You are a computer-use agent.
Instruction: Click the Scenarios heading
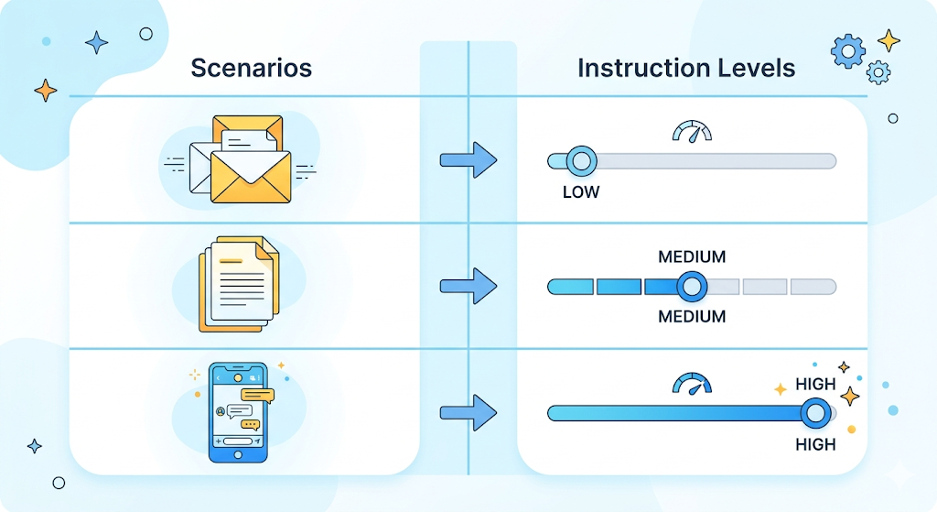pos(251,68)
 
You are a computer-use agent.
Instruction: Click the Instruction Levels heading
pos(686,68)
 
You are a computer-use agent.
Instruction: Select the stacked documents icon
pos(239,284)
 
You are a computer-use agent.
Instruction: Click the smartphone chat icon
pos(238,412)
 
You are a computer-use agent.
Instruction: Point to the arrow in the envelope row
pos(468,161)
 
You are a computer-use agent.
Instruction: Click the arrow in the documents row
pos(468,287)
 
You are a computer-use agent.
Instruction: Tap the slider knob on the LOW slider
pos(581,161)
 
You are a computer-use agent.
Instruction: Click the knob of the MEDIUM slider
pos(693,287)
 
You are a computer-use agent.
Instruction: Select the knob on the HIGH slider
pos(814,413)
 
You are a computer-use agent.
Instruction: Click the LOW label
pos(581,192)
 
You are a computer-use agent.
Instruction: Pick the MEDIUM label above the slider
pos(692,257)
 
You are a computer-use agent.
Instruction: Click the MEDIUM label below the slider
pos(692,317)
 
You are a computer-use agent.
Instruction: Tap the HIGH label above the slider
pos(816,385)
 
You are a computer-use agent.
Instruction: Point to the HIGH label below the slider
pos(816,444)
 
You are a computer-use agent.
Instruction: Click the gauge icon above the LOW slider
pos(692,132)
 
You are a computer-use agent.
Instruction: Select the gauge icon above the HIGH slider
pos(692,382)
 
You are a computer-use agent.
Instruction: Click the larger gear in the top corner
pos(847,51)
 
